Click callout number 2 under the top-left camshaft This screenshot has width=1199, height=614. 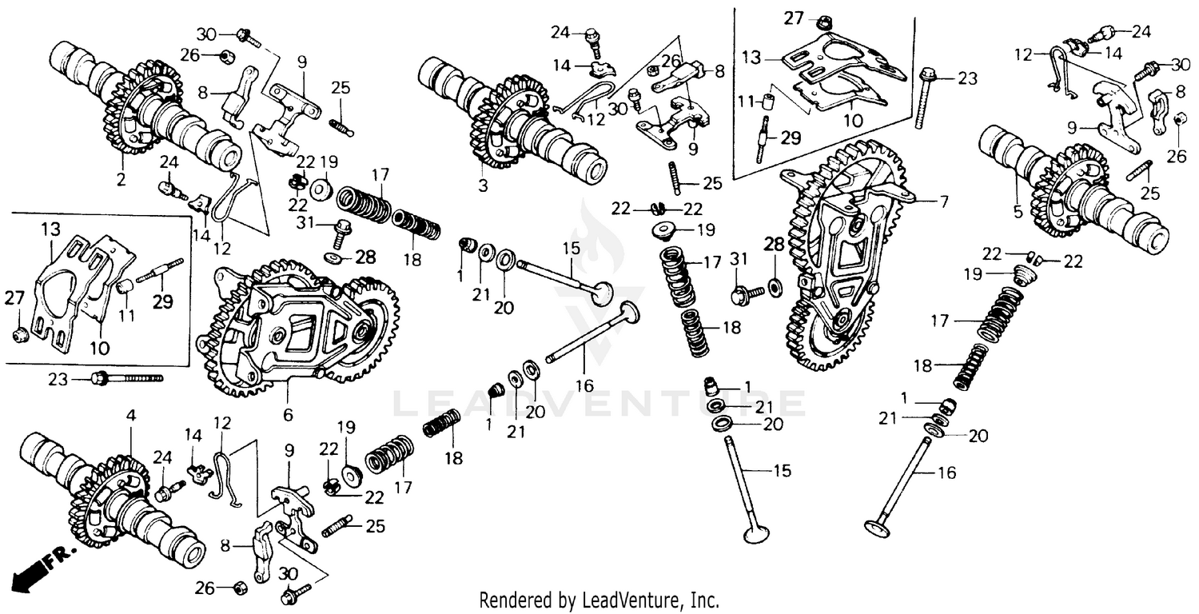point(121,181)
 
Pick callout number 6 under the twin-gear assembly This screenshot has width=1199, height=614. point(288,415)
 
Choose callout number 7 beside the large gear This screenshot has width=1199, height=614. point(944,202)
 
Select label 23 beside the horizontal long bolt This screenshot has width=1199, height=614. point(58,379)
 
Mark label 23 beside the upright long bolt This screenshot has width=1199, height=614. point(967,79)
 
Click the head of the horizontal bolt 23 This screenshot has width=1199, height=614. point(99,378)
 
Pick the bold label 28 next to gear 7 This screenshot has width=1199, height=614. point(775,244)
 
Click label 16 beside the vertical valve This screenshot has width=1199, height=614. point(946,473)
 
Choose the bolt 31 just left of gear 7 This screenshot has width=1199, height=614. point(740,294)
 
